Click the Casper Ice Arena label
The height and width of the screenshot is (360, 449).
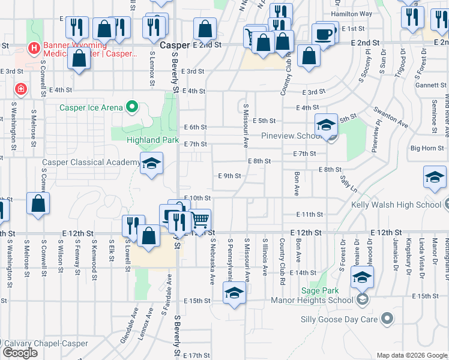coord(91,108)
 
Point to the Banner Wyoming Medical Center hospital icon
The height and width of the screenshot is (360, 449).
coord(34,47)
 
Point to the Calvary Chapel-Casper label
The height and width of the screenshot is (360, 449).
coord(46,344)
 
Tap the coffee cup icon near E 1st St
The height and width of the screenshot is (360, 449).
coord(324,34)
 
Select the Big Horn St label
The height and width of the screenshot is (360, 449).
coord(427,148)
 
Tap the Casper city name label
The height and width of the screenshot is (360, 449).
coord(175,45)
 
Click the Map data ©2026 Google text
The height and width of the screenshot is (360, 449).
coord(411,355)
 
